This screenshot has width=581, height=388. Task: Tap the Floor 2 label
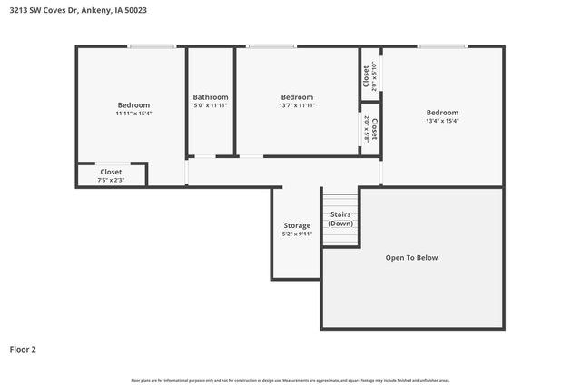pyautogui.click(x=24, y=348)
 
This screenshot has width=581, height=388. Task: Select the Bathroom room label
pyautogui.click(x=211, y=97)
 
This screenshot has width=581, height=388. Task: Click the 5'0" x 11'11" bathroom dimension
pyautogui.click(x=211, y=105)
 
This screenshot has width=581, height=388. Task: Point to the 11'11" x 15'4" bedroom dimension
pyautogui.click(x=133, y=114)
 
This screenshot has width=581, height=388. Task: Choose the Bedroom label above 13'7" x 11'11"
pyautogui.click(x=297, y=97)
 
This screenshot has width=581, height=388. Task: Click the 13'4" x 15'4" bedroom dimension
pyautogui.click(x=442, y=121)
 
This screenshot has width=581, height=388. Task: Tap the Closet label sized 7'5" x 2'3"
pyautogui.click(x=111, y=172)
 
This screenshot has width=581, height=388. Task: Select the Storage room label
pyautogui.click(x=297, y=225)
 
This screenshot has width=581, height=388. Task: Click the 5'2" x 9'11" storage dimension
pyautogui.click(x=297, y=234)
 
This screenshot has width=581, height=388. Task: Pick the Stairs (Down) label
pyautogui.click(x=340, y=219)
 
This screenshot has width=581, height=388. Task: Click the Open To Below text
pyautogui.click(x=411, y=258)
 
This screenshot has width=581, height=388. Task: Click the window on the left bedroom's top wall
pyautogui.click(x=152, y=46)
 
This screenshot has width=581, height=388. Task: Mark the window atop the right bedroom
pyautogui.click(x=442, y=46)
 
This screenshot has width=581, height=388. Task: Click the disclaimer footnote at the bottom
pyautogui.click(x=290, y=380)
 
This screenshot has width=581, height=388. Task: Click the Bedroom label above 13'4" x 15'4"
pyautogui.click(x=442, y=113)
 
